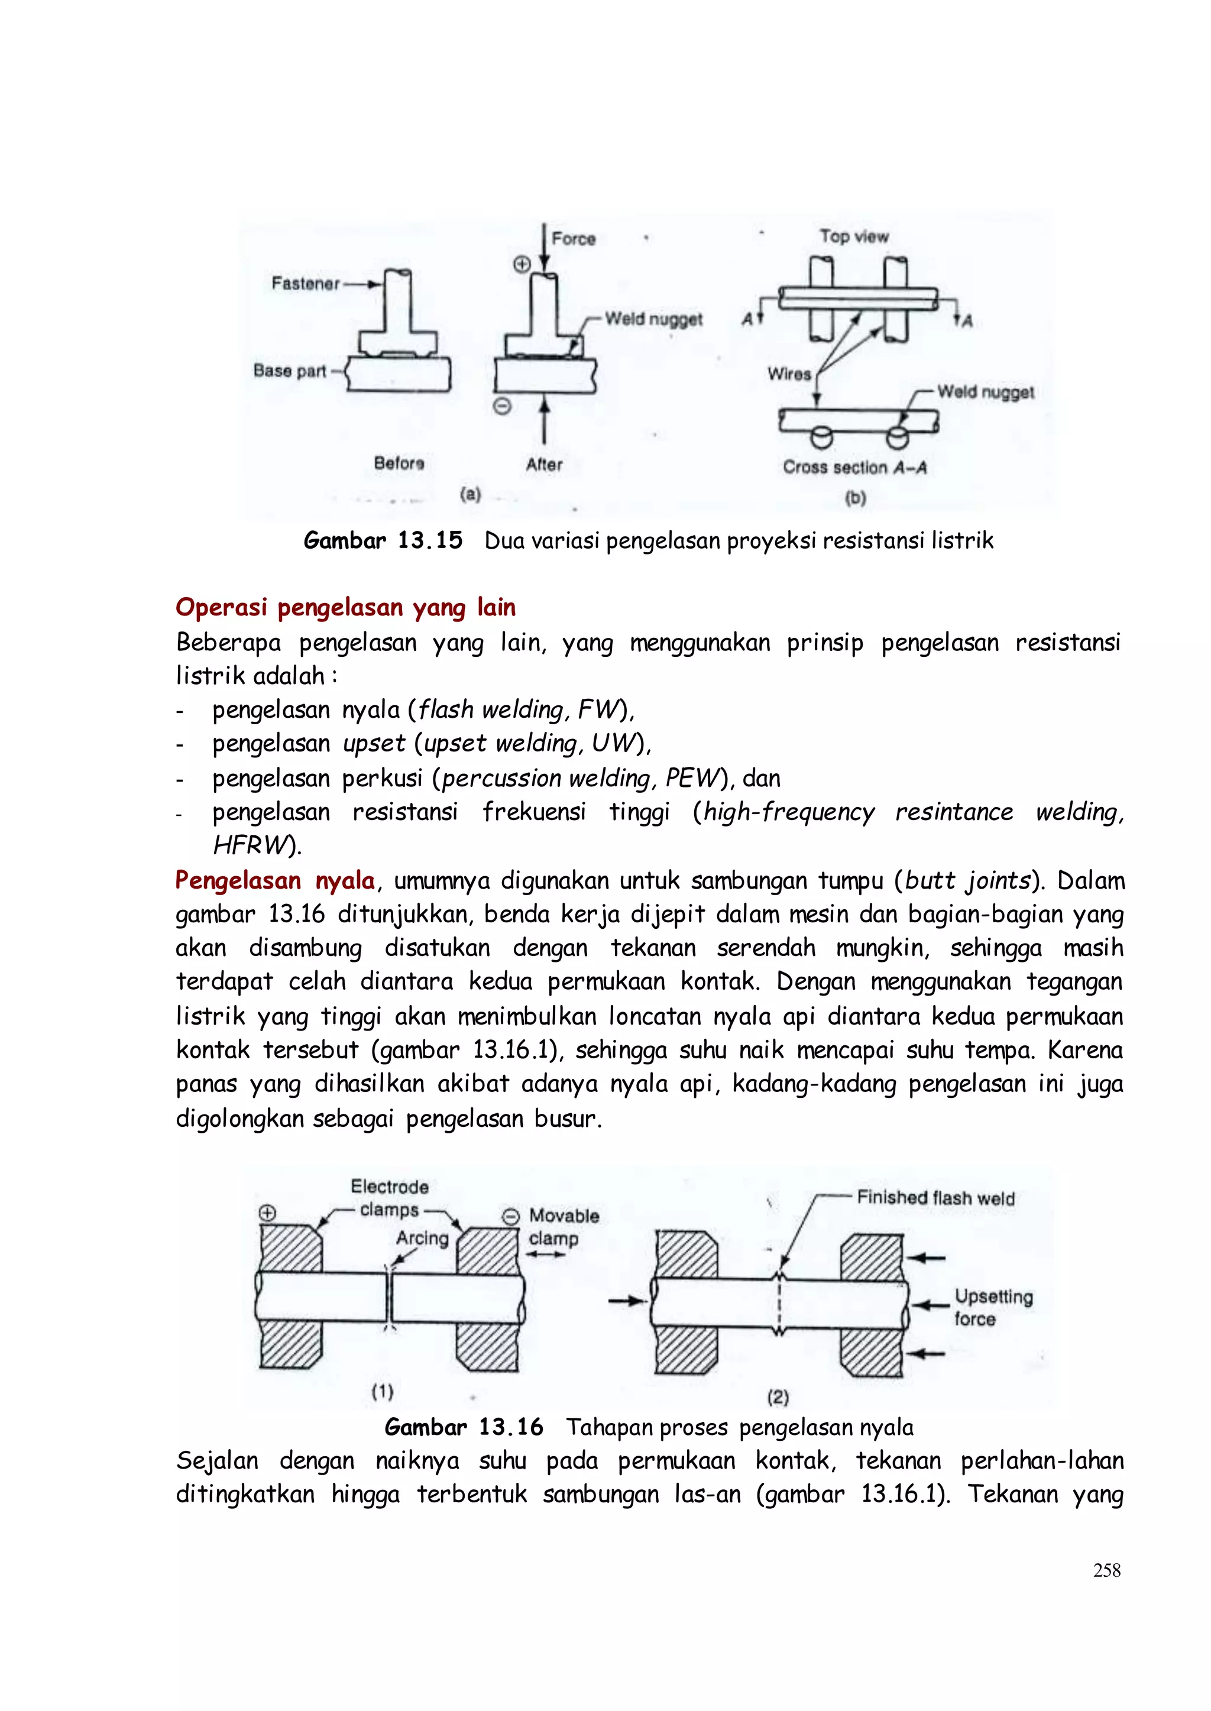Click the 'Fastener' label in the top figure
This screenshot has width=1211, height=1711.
(x=305, y=283)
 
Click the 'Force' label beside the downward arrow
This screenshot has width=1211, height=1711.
(x=574, y=239)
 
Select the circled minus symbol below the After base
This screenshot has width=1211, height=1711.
(x=503, y=406)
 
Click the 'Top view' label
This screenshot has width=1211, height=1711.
(x=854, y=236)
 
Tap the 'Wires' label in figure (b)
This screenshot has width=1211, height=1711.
(x=789, y=374)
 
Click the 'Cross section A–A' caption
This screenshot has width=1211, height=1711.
(x=854, y=468)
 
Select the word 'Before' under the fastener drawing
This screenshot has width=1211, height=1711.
(x=399, y=463)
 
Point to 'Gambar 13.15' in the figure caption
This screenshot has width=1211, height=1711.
(x=383, y=540)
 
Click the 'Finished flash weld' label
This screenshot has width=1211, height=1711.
(x=935, y=1198)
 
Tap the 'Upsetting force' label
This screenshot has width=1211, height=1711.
(x=993, y=1307)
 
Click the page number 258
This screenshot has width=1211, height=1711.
(x=1106, y=1570)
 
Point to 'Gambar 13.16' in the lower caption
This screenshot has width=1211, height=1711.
(x=464, y=1427)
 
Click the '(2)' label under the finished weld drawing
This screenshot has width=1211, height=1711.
(x=777, y=1396)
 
